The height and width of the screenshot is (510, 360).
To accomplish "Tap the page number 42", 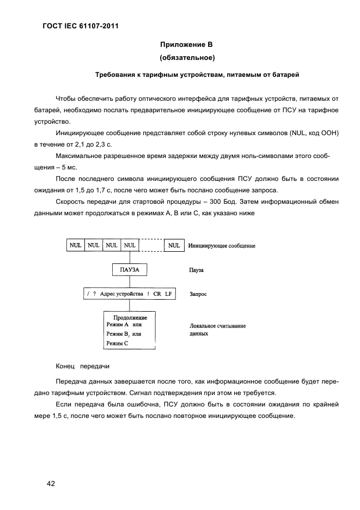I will [51, 483].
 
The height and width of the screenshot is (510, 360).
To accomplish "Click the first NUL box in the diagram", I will [75, 245].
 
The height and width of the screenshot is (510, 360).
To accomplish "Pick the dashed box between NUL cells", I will [151, 245].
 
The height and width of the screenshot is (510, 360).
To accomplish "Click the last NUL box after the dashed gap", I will [174, 245].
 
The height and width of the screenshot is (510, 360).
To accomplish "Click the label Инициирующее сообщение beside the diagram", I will [222, 246].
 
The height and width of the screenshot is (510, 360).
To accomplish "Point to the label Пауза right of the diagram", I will [197, 270].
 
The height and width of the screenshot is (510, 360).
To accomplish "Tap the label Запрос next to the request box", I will [198, 294].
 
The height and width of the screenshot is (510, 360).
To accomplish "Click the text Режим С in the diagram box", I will [117, 343].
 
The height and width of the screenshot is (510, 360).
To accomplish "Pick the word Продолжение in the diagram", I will [130, 317].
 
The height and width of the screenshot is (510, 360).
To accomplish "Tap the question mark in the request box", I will [94, 294].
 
